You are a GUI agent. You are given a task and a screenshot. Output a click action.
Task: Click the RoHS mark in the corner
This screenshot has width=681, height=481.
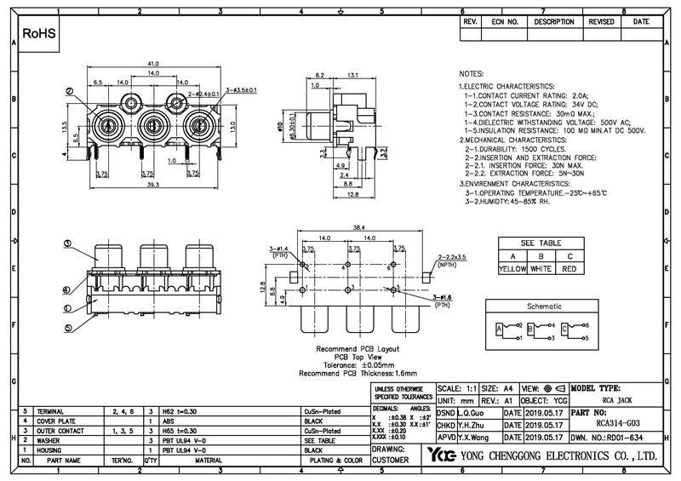pos(39,33)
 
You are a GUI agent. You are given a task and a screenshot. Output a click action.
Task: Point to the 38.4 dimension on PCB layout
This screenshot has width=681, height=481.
pos(358,227)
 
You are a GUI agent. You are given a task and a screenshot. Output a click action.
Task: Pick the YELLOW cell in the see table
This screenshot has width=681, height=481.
pos(512,269)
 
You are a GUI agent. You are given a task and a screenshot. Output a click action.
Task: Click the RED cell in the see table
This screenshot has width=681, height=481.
pos(569,269)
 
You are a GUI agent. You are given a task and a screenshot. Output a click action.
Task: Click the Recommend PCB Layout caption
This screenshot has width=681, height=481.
pos(357,350)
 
